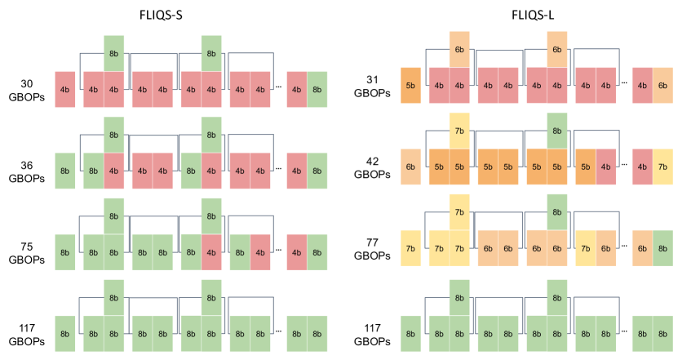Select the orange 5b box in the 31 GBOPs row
tap(410, 85)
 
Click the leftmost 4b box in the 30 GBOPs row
tap(64, 90)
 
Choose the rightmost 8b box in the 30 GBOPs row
tap(317, 90)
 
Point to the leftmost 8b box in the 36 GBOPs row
tap(64, 171)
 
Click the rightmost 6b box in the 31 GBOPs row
tap(662, 85)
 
